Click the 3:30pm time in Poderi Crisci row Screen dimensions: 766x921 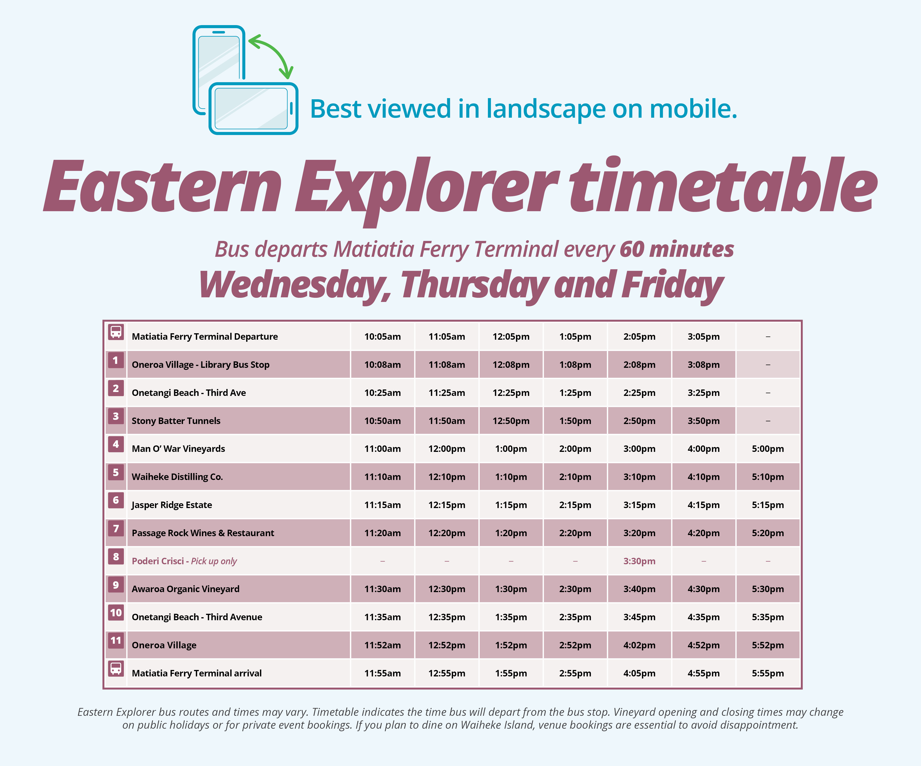(x=639, y=561)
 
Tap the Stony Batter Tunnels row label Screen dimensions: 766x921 (x=176, y=421)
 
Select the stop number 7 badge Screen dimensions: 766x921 (x=116, y=529)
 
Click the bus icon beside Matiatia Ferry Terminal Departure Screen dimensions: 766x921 (x=116, y=332)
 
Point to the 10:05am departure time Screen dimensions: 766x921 (x=382, y=336)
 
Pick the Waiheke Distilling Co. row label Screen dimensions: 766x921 (x=177, y=477)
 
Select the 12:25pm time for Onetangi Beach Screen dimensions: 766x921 (x=511, y=393)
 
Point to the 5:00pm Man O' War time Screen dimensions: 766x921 (x=767, y=449)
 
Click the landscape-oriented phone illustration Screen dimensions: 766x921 (x=253, y=108)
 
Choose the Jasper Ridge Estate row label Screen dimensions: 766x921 (x=172, y=505)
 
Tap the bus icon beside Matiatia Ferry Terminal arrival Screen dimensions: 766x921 (x=116, y=669)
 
